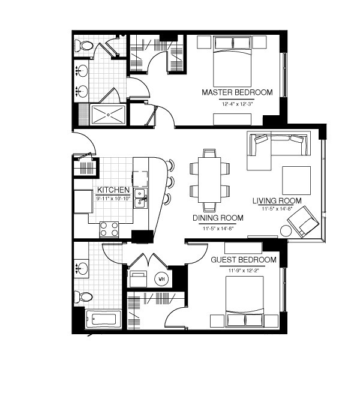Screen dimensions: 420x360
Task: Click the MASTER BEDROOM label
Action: click(x=237, y=92)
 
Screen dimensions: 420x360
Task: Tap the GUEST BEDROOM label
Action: click(x=244, y=260)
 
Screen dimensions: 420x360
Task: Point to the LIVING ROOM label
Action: click(x=277, y=200)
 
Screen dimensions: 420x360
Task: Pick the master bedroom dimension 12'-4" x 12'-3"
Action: click(x=237, y=103)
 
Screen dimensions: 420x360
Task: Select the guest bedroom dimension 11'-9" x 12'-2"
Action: click(x=244, y=270)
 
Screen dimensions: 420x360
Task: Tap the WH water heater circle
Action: click(x=161, y=278)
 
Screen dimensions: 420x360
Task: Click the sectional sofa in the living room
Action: click(x=275, y=147)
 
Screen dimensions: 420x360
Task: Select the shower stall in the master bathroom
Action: click(x=109, y=114)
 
